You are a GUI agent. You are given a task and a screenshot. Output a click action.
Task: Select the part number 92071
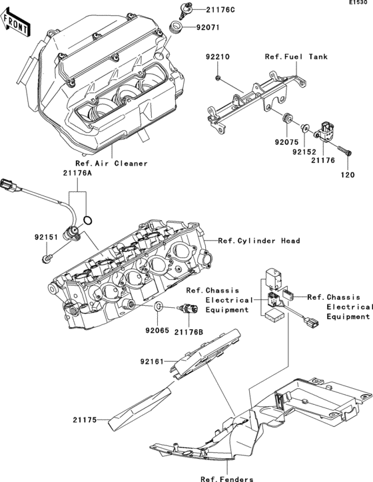[x=206, y=28]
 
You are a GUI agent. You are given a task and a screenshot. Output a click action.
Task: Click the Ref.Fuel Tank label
[x=296, y=57]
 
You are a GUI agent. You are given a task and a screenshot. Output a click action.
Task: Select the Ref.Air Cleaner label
[x=111, y=163]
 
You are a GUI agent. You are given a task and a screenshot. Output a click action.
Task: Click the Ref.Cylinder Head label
[x=259, y=241]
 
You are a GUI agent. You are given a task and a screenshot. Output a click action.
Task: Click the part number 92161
[x=153, y=362]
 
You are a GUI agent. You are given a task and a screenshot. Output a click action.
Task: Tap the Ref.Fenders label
[x=226, y=478]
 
